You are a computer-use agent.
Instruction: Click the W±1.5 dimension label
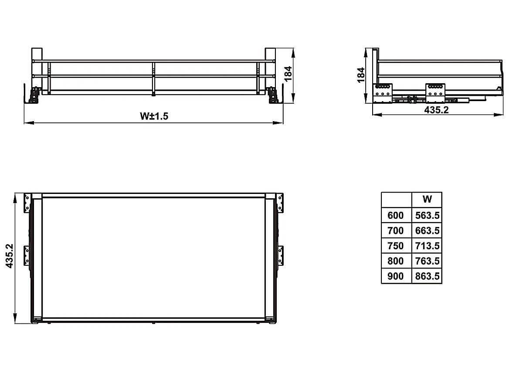click(154, 116)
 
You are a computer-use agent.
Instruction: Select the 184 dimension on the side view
click(361, 75)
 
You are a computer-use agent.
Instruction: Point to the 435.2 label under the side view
click(436, 110)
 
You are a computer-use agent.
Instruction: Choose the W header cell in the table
click(427, 200)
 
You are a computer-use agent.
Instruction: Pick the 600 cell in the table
click(396, 215)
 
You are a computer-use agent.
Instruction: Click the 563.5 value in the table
click(427, 215)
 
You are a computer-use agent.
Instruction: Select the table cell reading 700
click(396, 231)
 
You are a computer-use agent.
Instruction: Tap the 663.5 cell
click(427, 231)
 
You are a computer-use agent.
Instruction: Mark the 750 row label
click(396, 246)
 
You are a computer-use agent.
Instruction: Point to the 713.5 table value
click(427, 246)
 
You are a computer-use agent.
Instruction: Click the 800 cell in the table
click(396, 261)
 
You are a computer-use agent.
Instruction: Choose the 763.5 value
click(427, 261)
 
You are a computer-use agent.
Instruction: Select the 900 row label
click(396, 276)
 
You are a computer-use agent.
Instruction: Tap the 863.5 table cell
click(427, 276)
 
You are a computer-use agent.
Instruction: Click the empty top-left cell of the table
click(396, 200)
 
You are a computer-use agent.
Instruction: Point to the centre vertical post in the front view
click(153, 78)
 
